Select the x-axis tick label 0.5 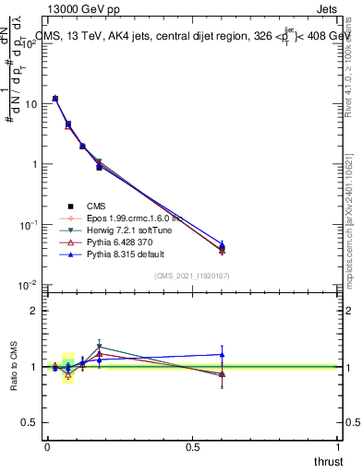click(192, 446)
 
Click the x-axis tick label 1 click(338, 446)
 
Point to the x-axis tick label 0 click(47, 446)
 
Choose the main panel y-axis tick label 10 click(30, 104)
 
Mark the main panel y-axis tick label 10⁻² click(30, 285)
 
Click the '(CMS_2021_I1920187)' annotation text click(192, 276)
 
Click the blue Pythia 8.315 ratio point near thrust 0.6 click(222, 354)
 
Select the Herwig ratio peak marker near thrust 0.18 click(99, 347)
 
